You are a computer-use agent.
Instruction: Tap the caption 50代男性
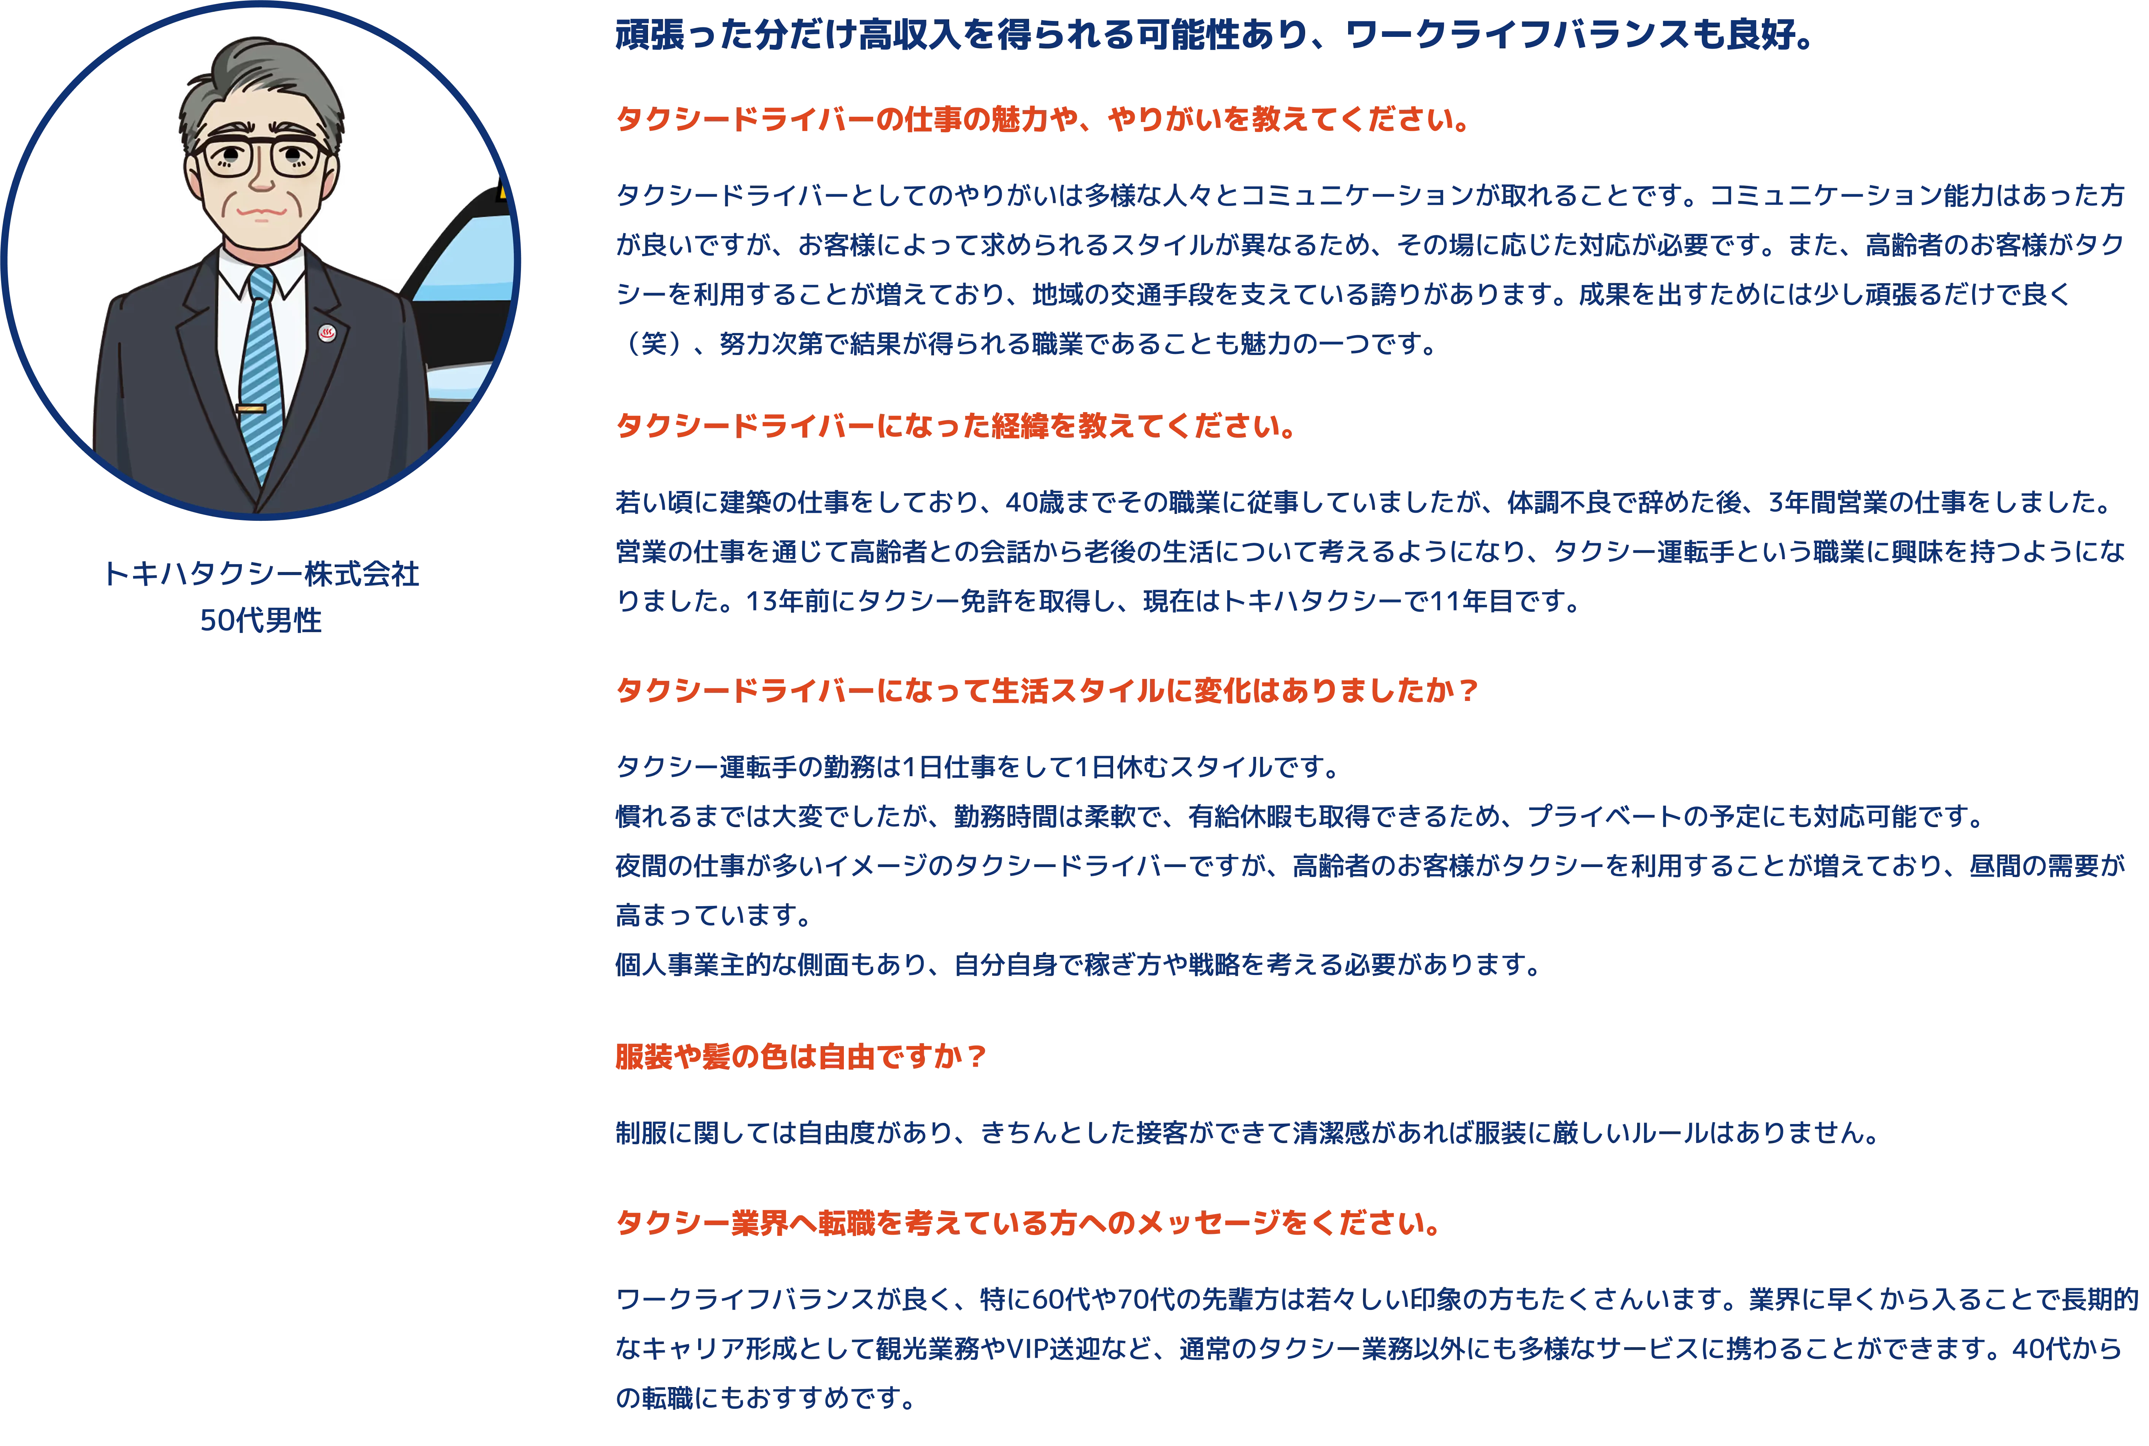point(261,621)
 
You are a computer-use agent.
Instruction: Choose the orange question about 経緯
point(955,426)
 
